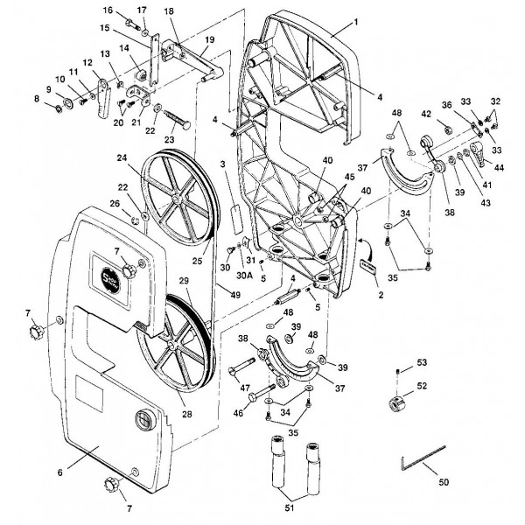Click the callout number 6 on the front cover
[x=59, y=472]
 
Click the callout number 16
[x=108, y=10]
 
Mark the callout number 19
[x=209, y=40]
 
